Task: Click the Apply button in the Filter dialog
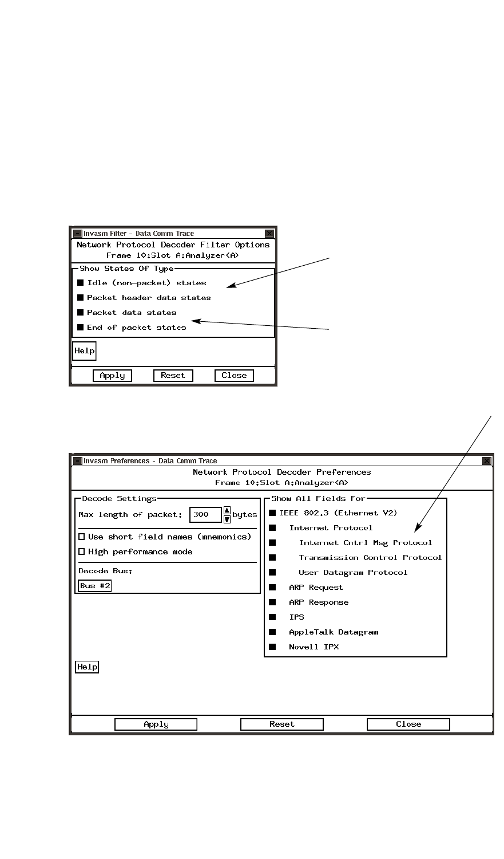point(112,376)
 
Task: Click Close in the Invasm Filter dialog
point(234,376)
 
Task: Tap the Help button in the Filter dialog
point(84,351)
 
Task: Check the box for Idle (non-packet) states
point(81,283)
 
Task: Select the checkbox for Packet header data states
point(81,298)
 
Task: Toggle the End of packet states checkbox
point(81,328)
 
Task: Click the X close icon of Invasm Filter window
point(269,234)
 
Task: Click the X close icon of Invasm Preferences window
point(487,461)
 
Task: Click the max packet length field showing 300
point(205,515)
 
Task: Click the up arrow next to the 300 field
point(227,511)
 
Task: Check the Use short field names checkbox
point(82,537)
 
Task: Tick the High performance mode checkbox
point(82,552)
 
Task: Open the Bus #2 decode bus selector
point(95,586)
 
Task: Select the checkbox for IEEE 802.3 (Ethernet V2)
point(273,513)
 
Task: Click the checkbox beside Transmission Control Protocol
point(273,558)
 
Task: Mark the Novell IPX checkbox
point(273,647)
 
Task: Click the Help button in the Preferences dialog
point(87,667)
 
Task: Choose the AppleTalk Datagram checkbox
point(273,632)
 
